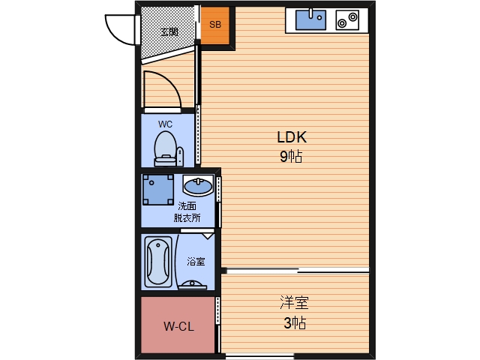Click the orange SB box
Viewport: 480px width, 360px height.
pos(215,24)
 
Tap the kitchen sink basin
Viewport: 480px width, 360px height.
pos(310,19)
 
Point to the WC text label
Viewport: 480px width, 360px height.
pos(165,124)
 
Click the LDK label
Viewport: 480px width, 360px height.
pos(292,138)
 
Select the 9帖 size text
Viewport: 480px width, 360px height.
pos(292,157)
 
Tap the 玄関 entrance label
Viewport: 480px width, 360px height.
pos(169,31)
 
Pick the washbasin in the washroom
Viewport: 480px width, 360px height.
pos(198,185)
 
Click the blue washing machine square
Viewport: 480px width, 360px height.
pos(158,190)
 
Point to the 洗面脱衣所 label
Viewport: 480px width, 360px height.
pos(187,212)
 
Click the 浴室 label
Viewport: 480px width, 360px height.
pos(196,262)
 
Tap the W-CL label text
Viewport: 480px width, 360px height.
pos(178,326)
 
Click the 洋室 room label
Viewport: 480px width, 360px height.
pos(294,304)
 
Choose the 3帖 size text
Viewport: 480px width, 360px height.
pos(294,323)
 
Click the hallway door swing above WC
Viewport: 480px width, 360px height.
pos(161,88)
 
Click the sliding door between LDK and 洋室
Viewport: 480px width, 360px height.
pos(295,270)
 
